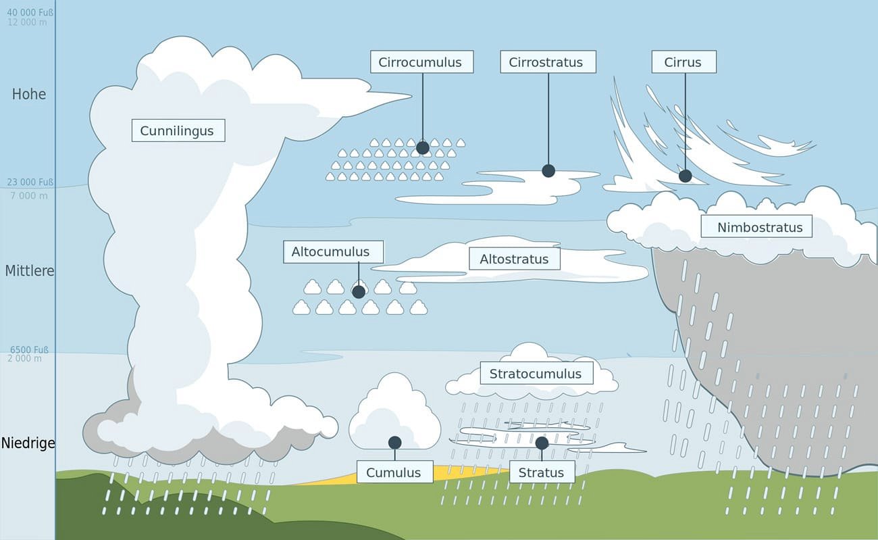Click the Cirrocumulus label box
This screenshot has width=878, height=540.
(421, 62)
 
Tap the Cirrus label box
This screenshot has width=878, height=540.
(683, 62)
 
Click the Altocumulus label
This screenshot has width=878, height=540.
(330, 252)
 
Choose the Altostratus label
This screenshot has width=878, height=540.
(514, 259)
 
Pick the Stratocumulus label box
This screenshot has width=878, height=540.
(536, 374)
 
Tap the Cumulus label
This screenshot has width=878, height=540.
(393, 472)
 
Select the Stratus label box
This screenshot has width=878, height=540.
(541, 472)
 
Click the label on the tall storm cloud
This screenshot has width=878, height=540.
(177, 130)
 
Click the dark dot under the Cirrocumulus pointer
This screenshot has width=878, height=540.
(423, 147)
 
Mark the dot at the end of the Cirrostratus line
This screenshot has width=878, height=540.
(548, 171)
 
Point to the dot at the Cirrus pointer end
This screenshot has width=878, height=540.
(685, 176)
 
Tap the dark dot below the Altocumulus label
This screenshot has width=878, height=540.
(359, 291)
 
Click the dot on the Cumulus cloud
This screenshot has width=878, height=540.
(395, 442)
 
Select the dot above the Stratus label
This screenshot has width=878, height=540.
(542, 443)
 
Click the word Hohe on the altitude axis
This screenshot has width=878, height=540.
(29, 95)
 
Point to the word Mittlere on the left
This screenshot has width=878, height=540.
(29, 271)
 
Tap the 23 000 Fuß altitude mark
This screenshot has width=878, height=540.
(30, 182)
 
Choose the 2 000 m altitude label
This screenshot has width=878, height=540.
(24, 359)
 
